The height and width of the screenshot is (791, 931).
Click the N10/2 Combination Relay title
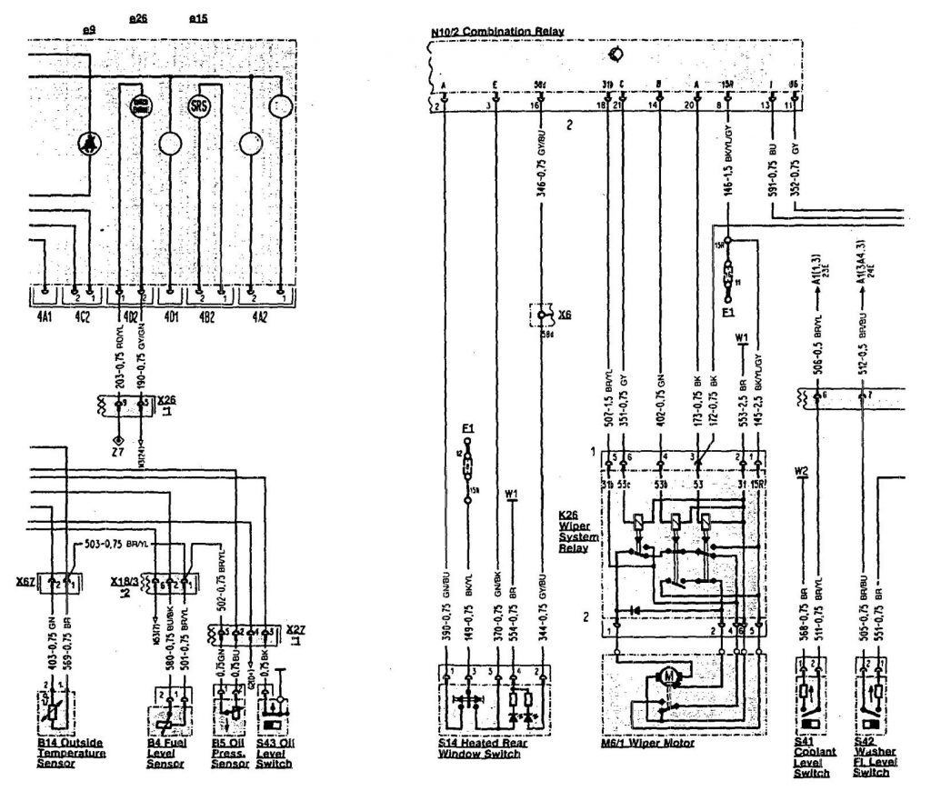[498, 32]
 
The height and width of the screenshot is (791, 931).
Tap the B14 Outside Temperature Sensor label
[72, 753]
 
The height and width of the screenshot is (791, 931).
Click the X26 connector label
[166, 399]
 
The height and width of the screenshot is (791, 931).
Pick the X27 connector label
[295, 628]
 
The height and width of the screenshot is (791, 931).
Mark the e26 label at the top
[138, 18]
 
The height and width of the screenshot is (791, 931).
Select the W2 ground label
[800, 471]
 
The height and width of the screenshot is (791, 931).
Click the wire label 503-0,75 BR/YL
[118, 543]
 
